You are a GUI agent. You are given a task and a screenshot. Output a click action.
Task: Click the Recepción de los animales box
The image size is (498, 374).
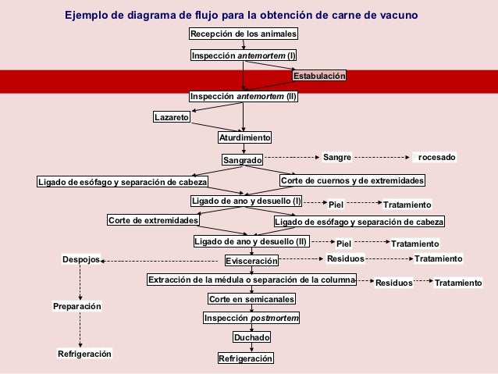coord(244,34)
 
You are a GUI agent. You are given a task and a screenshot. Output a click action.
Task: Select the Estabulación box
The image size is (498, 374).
coord(318,77)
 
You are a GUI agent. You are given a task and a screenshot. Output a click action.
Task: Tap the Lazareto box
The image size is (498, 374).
coord(171,117)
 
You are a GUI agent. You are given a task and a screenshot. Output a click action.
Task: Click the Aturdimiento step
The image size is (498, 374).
coord(244,137)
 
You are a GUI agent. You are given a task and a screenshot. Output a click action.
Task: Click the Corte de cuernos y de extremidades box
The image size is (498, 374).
coord(352,181)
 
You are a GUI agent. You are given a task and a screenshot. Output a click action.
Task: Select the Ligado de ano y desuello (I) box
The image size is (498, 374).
coord(247,201)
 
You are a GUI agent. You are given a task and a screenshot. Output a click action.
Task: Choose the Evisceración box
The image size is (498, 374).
coord(251,261)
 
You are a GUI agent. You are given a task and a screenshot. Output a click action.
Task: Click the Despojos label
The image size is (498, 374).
coord(81,258)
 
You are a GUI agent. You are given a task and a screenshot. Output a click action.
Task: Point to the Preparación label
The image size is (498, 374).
coord(77,308)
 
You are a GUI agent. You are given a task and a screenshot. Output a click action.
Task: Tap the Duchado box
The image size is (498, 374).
coord(252,338)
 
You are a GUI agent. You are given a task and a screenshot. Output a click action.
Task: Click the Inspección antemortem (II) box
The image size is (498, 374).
coord(244,97)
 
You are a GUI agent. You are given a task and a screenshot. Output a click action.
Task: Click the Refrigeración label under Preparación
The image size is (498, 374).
coord(84,354)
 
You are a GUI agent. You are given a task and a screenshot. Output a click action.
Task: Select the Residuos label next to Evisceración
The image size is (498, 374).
coord(345,258)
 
